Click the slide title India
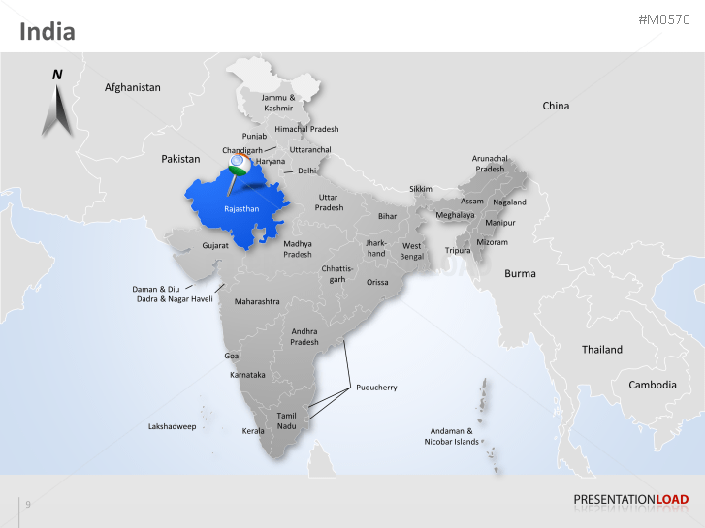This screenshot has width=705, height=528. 48,32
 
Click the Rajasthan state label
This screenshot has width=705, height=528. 240,208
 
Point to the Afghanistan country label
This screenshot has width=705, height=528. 133,87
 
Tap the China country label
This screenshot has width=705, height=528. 556,106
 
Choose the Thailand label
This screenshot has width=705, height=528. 602,349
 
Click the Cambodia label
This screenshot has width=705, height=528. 653,385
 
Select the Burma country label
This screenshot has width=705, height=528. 520,274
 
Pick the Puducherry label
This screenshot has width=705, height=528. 376,388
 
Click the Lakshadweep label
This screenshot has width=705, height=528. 172,426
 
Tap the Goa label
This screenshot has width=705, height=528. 232,356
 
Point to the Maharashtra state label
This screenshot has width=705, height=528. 257,301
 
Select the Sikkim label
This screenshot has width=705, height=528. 421,189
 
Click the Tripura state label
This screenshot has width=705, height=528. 458,251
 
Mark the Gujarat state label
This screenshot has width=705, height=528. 215,246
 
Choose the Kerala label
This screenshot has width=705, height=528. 253,430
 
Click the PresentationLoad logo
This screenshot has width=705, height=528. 630,500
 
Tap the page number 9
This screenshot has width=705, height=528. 28,504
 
